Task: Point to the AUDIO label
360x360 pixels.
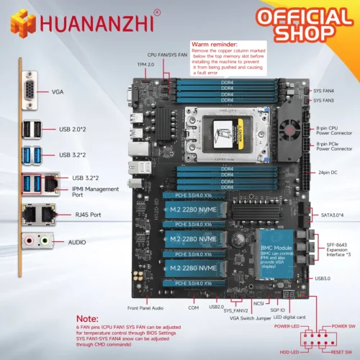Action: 63,242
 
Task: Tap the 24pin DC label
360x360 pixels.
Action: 328,173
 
